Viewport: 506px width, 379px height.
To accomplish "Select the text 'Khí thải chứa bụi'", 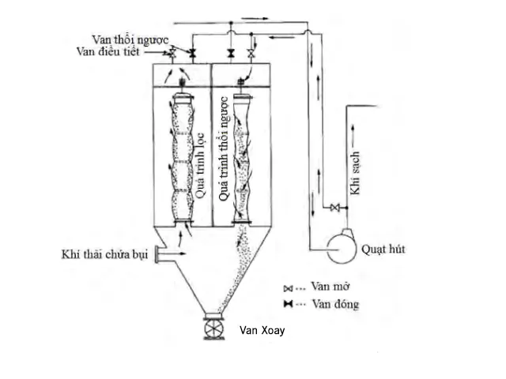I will pos(106,254).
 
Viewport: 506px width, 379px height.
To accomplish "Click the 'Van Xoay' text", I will pos(262,331).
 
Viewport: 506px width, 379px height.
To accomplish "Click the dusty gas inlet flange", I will pos(157,254).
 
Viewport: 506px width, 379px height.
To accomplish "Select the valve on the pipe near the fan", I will pos(334,208).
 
